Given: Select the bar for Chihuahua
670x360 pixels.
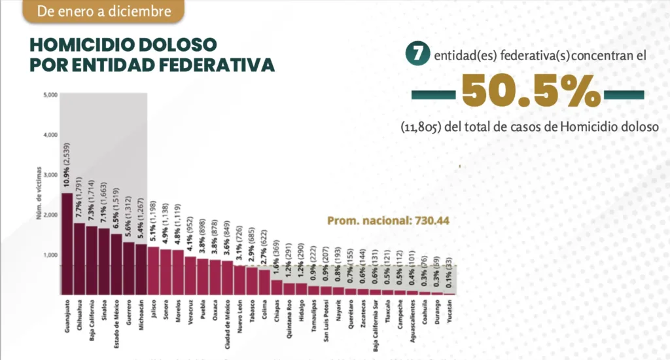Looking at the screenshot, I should click(79, 259).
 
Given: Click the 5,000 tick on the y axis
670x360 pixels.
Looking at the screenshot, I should click(51, 95).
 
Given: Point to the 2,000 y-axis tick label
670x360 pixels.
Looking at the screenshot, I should click(51, 215).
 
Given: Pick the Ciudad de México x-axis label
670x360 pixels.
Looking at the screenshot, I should click(227, 322).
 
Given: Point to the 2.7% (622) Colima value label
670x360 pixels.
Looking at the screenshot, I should click(264, 239).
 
